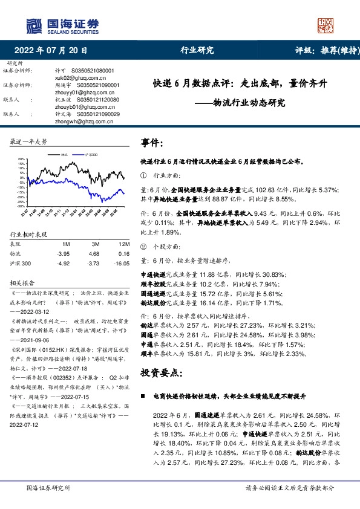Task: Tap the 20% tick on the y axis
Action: point(21,158)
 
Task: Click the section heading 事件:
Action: point(152,143)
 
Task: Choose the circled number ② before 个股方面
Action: point(143,247)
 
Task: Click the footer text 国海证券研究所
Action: point(45,487)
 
